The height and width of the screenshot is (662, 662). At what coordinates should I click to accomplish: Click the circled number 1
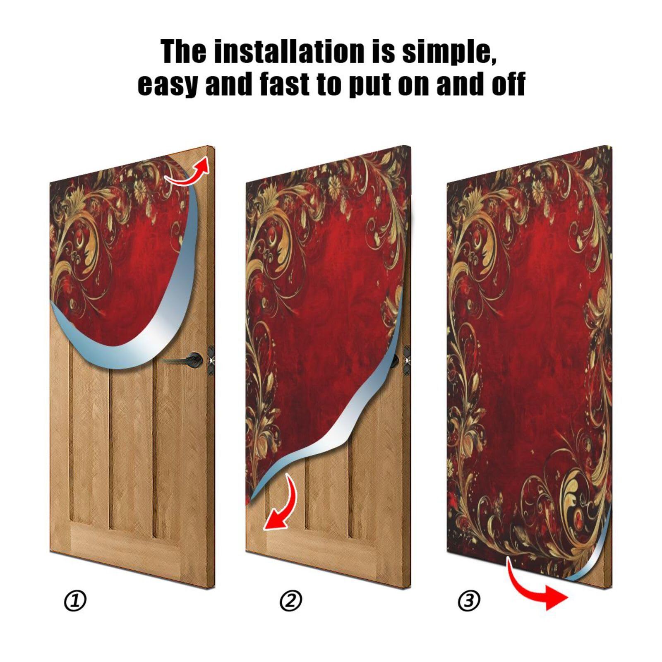75,600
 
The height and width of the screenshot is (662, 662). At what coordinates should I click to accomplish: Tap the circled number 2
291,600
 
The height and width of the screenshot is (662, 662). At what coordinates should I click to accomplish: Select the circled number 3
469,600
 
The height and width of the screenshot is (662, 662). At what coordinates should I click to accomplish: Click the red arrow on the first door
188,173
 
